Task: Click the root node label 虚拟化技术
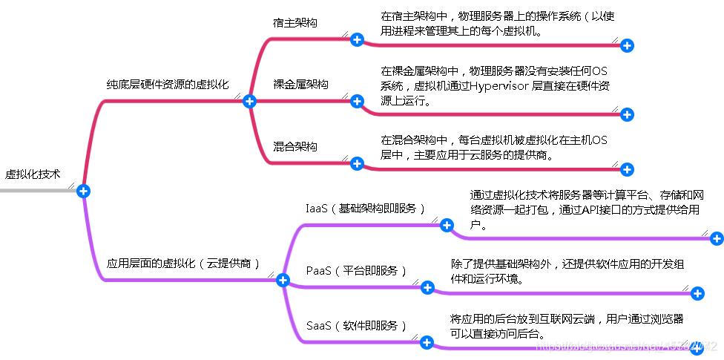point(33,174)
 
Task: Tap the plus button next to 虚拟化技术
point(83,191)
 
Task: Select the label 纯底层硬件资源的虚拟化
point(167,85)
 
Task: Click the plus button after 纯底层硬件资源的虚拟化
point(249,101)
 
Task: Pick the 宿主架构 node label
point(295,23)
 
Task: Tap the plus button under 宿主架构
point(357,39)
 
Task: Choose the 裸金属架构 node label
point(300,85)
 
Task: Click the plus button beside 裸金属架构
point(357,101)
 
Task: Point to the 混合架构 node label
point(295,146)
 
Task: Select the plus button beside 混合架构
point(357,163)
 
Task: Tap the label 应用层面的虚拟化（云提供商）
point(184,263)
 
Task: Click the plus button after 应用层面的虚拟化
point(282,280)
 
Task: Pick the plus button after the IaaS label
point(447,225)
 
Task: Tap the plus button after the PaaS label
point(427,287)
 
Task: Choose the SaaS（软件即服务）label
point(357,325)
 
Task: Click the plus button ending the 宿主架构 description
point(627,46)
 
